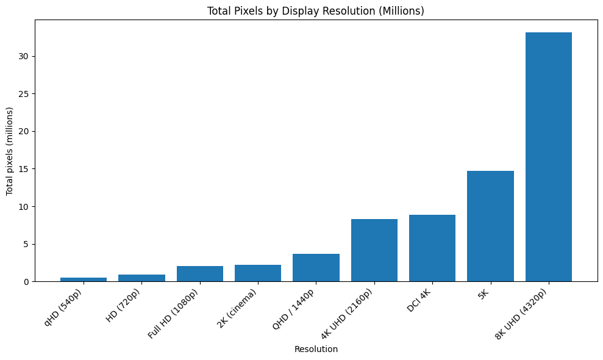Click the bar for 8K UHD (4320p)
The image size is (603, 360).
[548, 157]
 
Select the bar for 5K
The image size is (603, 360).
[490, 226]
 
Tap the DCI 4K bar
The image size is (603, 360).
[432, 248]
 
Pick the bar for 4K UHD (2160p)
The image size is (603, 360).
[374, 250]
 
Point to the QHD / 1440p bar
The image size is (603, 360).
[316, 268]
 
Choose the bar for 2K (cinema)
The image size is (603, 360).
[257, 273]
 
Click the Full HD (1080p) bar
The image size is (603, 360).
[199, 274]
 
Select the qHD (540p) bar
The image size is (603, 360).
[84, 279]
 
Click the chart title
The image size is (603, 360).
[315, 11]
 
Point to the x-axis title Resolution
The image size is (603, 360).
[316, 349]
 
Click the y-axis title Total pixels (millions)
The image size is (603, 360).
[10, 151]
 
